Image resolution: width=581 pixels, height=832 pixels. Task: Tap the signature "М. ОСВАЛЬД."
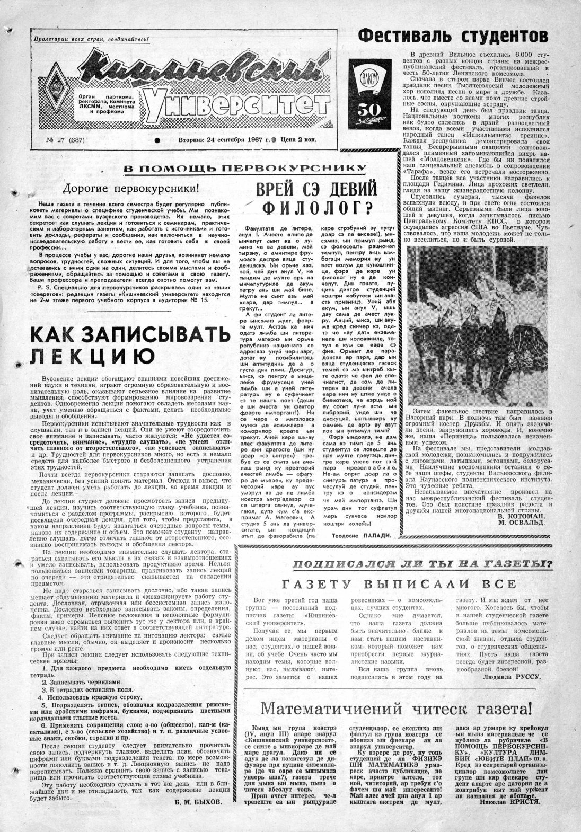pyautogui.click(x=523, y=536)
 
